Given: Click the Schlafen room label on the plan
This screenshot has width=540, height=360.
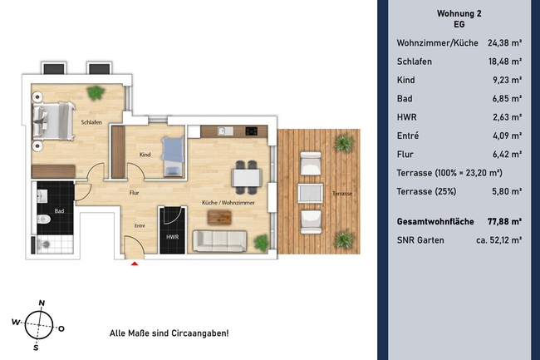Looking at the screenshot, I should (x=91, y=122).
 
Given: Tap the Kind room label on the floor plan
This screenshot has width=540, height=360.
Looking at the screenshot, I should (x=145, y=155).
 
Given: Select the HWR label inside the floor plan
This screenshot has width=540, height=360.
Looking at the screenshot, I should (x=173, y=238).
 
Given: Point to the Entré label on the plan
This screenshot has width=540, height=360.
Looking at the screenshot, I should (x=140, y=225).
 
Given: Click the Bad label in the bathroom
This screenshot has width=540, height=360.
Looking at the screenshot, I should (x=59, y=211).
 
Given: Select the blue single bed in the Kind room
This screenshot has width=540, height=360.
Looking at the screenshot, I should (x=173, y=156).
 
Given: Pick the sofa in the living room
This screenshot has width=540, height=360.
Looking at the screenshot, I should (x=219, y=240).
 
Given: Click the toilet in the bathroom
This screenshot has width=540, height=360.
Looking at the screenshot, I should (x=43, y=220).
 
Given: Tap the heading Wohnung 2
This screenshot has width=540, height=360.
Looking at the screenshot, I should (x=459, y=13).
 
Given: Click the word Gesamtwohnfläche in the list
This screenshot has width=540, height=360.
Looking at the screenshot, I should (x=437, y=221).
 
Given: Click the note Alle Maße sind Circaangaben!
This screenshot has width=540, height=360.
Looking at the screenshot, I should (x=169, y=333).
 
